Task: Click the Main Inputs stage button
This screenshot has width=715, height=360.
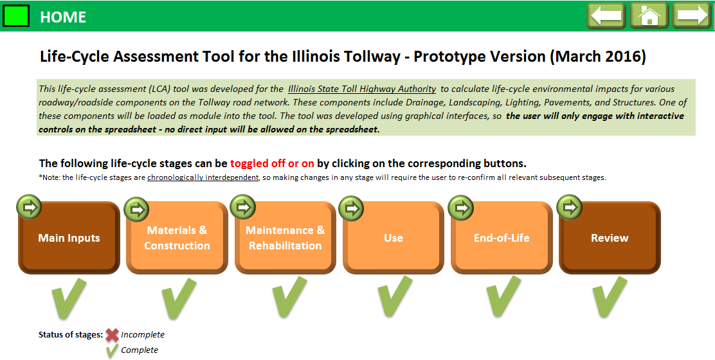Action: (x=69, y=237)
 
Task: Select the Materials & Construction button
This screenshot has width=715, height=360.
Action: (x=177, y=237)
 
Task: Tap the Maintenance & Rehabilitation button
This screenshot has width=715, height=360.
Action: (x=285, y=237)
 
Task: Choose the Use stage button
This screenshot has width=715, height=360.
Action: (x=393, y=237)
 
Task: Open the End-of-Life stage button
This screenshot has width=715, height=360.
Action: (x=501, y=237)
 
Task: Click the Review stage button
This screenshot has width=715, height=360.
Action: (x=609, y=237)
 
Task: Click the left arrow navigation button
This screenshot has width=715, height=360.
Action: (x=606, y=16)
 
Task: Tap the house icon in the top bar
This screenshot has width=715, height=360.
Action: (x=649, y=16)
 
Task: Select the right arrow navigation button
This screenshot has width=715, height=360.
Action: (x=692, y=16)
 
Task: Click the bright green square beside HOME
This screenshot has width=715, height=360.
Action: (x=16, y=16)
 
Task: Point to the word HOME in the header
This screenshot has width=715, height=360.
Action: (x=63, y=17)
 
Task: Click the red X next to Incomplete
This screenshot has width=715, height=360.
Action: (x=112, y=335)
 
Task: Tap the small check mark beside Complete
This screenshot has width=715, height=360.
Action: (x=112, y=350)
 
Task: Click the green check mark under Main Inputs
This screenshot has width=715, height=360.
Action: (x=69, y=298)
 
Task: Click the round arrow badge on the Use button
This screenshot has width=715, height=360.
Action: (x=351, y=209)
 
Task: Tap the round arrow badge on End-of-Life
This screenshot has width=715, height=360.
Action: (x=461, y=208)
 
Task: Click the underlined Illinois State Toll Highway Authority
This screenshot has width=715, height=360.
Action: (x=362, y=89)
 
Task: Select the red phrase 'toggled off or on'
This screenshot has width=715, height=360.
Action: (x=272, y=163)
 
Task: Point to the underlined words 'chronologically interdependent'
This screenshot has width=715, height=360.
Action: (x=203, y=177)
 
